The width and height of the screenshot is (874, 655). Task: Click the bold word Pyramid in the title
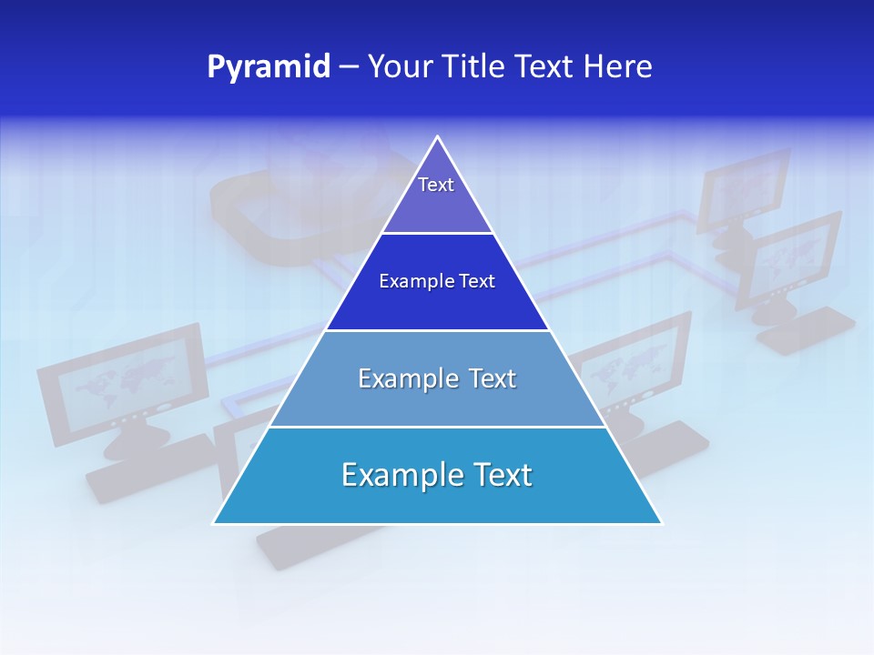pyautogui.click(x=269, y=67)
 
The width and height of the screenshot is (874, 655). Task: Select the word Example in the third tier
pyautogui.click(x=404, y=378)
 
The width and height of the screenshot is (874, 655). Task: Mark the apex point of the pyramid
pyautogui.click(x=438, y=136)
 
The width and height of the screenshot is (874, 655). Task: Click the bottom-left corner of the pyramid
pyautogui.click(x=214, y=523)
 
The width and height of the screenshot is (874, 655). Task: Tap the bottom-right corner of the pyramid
pyautogui.click(x=661, y=523)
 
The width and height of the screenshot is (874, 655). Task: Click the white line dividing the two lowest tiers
pyautogui.click(x=437, y=427)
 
